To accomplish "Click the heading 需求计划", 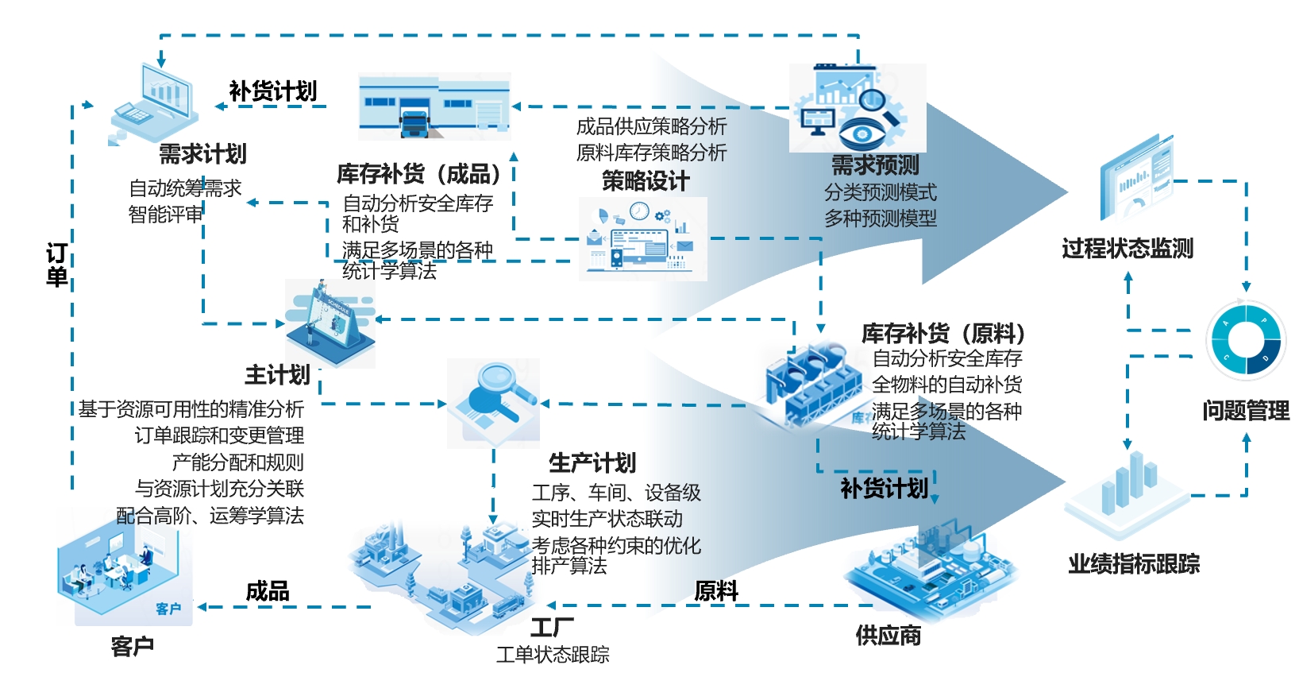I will (202, 153).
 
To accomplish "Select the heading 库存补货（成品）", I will (420, 173).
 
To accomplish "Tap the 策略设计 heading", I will (646, 180).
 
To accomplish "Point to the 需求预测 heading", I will (875, 165).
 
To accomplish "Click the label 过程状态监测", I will (1127, 249).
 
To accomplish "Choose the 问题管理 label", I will (1245, 411).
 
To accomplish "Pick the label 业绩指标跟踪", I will (1134, 564).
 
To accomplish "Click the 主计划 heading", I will (277, 374).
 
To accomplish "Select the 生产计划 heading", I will (592, 462).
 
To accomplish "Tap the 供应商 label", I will (888, 635).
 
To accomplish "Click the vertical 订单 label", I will (56, 265).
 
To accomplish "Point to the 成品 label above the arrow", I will (268, 590).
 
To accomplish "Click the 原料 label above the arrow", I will (716, 590).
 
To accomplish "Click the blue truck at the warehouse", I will (414, 124).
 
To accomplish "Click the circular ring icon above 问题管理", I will (1244, 341).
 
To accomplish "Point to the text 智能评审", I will (166, 214).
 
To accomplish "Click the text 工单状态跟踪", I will (553, 655).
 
